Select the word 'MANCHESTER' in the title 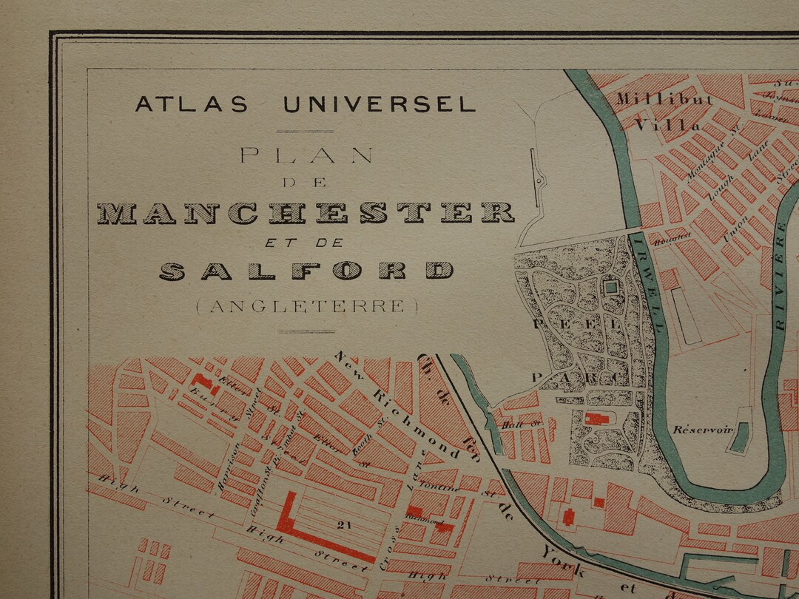coord(306,213)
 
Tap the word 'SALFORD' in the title coord(306,271)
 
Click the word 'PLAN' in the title coord(306,155)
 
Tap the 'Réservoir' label coord(697,430)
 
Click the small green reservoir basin coord(738,439)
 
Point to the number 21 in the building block coord(343,525)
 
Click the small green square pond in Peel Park coord(611,288)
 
